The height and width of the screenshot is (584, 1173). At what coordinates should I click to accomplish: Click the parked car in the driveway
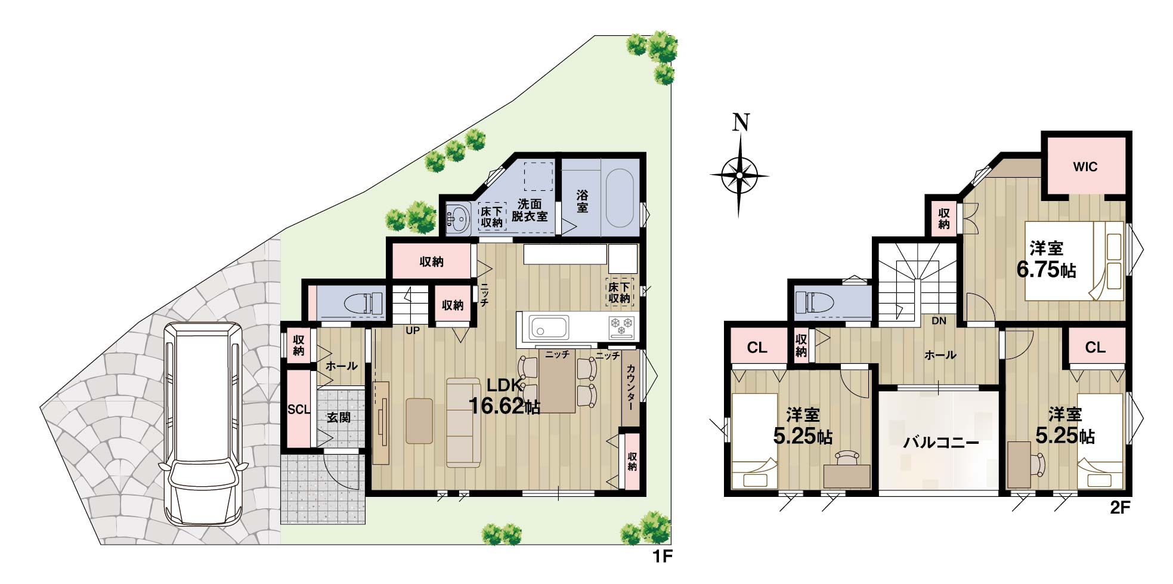tap(203, 424)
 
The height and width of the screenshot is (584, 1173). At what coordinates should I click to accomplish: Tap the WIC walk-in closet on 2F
tap(1085, 166)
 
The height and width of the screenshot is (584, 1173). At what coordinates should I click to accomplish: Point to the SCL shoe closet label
tap(299, 410)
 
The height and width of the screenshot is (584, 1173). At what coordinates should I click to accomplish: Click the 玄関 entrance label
tap(338, 418)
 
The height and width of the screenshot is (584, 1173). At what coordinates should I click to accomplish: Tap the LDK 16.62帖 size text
tap(505, 396)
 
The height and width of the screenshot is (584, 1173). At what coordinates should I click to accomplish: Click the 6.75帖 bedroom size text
tap(1046, 270)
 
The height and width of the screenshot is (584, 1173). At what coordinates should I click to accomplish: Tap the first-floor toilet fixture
tap(363, 303)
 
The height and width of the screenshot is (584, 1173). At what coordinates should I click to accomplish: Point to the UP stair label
tap(412, 330)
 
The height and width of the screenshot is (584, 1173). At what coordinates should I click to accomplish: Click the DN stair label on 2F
tap(939, 321)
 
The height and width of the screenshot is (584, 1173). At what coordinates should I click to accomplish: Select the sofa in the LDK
tap(463, 422)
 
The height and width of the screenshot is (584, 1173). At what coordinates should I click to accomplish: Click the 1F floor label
tap(662, 557)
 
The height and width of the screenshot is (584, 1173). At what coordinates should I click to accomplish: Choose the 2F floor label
tap(1119, 508)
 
